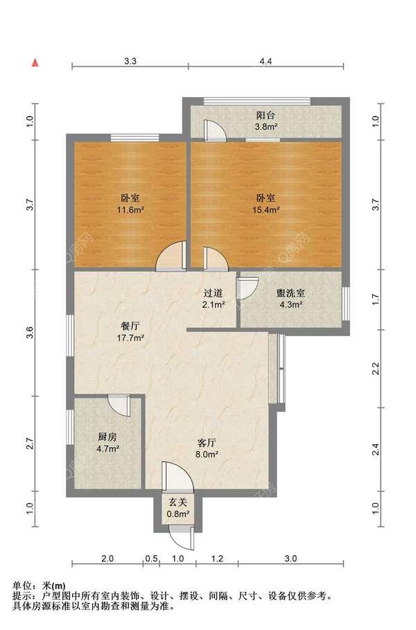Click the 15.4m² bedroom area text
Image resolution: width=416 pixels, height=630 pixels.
pyautogui.click(x=266, y=209)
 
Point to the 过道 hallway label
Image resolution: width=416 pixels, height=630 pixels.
pyautogui.click(x=213, y=293)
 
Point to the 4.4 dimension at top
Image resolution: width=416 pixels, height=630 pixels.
pyautogui.click(x=266, y=61)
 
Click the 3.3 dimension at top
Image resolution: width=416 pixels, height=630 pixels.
pyautogui.click(x=130, y=61)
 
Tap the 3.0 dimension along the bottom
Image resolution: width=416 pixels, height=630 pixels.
pyautogui.click(x=291, y=559)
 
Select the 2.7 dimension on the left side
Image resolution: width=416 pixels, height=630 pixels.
pyautogui.click(x=30, y=444)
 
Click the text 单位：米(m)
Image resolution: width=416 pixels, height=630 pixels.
pyautogui.click(x=39, y=586)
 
